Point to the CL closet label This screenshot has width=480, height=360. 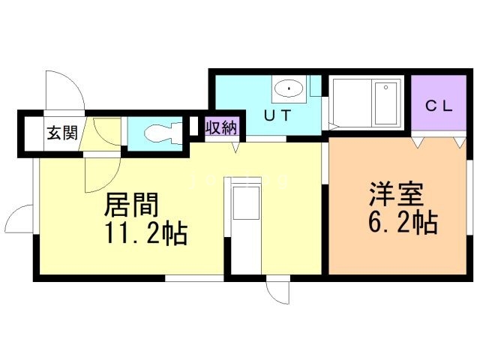[x=439, y=106]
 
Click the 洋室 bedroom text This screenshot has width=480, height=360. [x=396, y=193]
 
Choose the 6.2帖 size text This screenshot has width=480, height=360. [x=402, y=223]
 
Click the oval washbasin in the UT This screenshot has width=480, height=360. [x=288, y=90]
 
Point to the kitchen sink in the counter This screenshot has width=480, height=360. [x=244, y=202]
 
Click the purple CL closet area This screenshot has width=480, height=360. [x=439, y=105]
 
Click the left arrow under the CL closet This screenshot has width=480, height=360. [x=417, y=140]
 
